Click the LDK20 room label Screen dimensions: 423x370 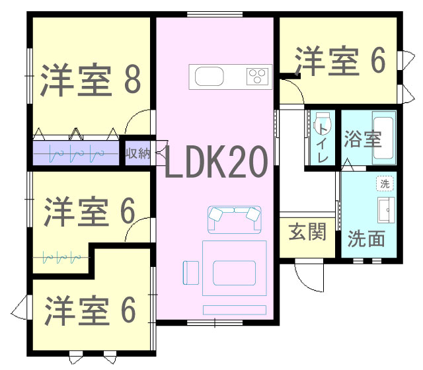pyautogui.click(x=216, y=162)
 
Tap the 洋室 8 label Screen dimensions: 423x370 pyautogui.click(x=91, y=79)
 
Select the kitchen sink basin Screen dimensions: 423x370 pyautogui.click(x=210, y=77)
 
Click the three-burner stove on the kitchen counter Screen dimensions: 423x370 pyautogui.click(x=258, y=77)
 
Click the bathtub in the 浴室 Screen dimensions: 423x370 pyautogui.click(x=383, y=137)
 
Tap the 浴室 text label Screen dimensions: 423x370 pyautogui.click(x=363, y=139)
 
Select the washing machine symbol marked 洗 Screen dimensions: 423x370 pyautogui.click(x=385, y=184)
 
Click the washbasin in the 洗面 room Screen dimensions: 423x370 pyautogui.click(x=386, y=210)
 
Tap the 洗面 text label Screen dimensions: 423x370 pyautogui.click(x=365, y=239)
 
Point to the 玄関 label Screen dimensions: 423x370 pyautogui.click(x=307, y=232)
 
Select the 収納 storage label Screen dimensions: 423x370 pyautogui.click(x=137, y=153)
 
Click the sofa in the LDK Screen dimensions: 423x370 pyautogui.click(x=235, y=219)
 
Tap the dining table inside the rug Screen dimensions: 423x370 pyautogui.click(x=235, y=273)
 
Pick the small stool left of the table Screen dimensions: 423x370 pyautogui.click(x=191, y=273)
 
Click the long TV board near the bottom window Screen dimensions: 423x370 pyautogui.click(x=235, y=310)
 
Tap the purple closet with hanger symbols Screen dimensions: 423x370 pyautogui.click(x=76, y=153)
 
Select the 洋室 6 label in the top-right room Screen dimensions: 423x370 pyautogui.click(x=340, y=61)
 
